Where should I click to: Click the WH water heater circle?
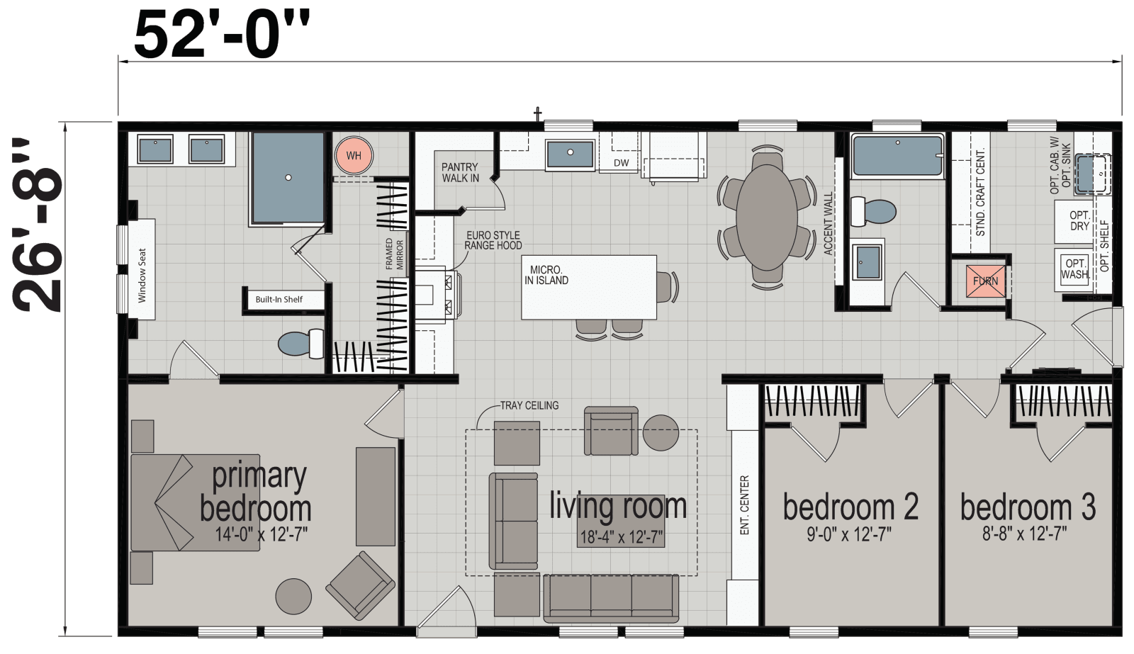point(353,156)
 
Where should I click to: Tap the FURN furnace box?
point(985,281)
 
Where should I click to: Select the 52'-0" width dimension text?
point(221,34)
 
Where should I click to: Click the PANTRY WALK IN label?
point(460,172)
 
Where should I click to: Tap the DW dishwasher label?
point(621,163)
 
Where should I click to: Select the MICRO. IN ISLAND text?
point(546,275)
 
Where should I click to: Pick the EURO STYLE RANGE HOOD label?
point(493,240)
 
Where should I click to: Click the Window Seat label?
point(142,275)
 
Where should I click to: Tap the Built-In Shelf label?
point(279,299)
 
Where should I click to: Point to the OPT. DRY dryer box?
point(1079,220)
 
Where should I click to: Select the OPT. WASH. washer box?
point(1074,269)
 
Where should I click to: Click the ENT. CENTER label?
point(744,504)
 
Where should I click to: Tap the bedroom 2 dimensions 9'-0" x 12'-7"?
point(849,534)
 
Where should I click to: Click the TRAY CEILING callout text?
point(529,405)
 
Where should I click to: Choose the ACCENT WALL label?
point(828,223)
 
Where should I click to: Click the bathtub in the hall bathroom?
point(897,156)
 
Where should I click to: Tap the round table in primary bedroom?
point(293,596)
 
